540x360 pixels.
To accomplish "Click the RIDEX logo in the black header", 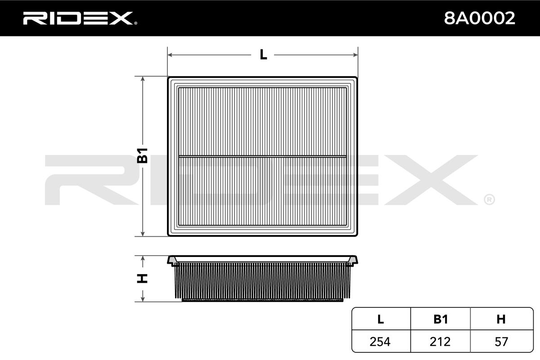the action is coord(80,18).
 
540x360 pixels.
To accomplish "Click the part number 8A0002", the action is coord(480,18).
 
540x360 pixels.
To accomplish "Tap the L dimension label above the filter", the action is coord(263,55).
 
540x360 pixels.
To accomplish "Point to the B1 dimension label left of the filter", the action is coord(142,156).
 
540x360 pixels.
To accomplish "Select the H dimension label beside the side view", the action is coord(142,279).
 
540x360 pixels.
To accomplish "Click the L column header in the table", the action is coord(380,319).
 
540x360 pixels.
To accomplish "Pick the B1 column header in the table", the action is coord(441,319).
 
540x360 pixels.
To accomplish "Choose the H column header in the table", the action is coord(501,319).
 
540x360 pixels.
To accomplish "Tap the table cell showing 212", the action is coord(440,342).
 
